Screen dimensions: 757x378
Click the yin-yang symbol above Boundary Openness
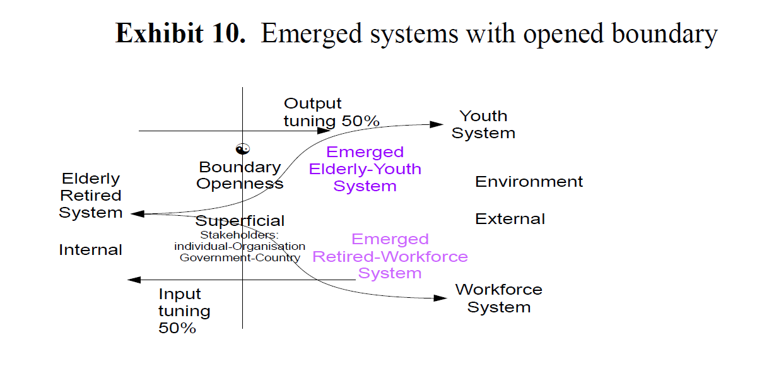coord(243,149)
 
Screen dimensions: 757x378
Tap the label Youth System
coord(484,124)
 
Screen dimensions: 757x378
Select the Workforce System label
coord(499,298)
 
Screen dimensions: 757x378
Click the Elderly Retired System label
coord(91,196)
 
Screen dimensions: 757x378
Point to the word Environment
coord(529,182)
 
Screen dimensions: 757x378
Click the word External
coord(510,219)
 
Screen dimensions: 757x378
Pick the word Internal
coord(90,250)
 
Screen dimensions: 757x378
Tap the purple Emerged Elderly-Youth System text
coord(365,168)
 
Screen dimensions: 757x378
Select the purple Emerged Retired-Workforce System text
coord(390,256)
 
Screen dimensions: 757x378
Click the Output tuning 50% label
coord(332,112)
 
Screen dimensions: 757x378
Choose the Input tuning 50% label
coord(184,310)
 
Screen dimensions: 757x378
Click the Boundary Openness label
coord(240,175)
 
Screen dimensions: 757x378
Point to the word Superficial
coord(240,221)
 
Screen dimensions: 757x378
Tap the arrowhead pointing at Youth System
coord(437,124)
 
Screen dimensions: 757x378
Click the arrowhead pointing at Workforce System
coord(440,298)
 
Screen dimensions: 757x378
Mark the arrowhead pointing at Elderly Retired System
coord(138,214)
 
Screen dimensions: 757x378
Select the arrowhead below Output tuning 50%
coord(324,131)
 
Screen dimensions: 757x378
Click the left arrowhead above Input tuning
coord(134,280)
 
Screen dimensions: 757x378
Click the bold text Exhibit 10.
coord(180,33)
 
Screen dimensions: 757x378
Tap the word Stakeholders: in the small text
coord(239,235)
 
